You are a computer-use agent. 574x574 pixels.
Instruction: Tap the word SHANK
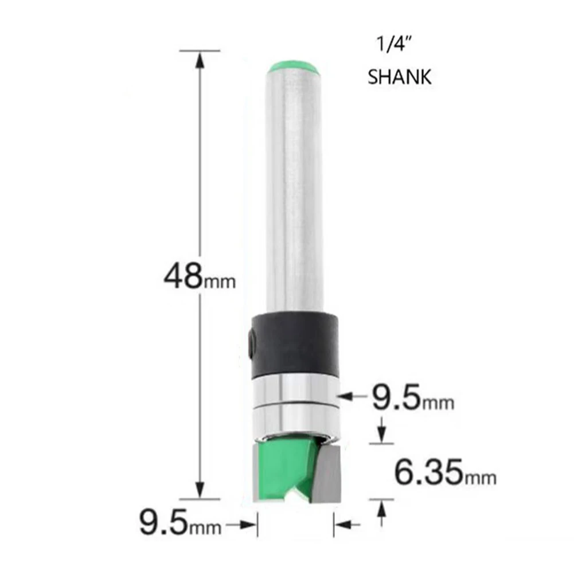click(399, 77)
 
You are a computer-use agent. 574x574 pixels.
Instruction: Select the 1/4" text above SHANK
click(389, 45)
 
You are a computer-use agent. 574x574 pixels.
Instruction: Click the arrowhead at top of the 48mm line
click(200, 58)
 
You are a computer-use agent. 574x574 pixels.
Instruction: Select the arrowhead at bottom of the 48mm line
click(200, 492)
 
